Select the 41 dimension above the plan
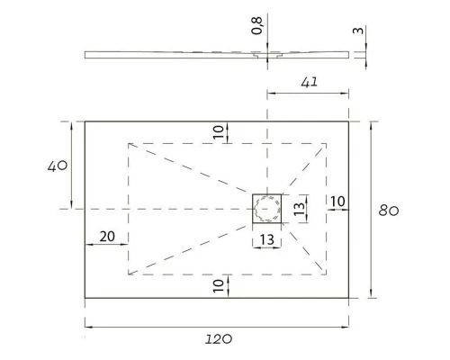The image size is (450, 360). click(309, 82)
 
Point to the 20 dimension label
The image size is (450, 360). click(106, 237)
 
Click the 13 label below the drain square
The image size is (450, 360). click(267, 239)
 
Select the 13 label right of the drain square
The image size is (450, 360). click(301, 209)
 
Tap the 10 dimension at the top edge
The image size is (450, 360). click(217, 131)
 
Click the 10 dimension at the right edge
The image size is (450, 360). click(337, 200)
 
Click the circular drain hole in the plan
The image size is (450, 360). click(267, 209)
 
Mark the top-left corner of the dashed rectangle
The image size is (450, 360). click(129, 143)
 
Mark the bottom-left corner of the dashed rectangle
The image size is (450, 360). click(129, 274)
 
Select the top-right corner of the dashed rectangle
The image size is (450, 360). click(327, 143)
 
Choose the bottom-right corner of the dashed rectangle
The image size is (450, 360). click(327, 274)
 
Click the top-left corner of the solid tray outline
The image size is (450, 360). click(85, 121)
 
